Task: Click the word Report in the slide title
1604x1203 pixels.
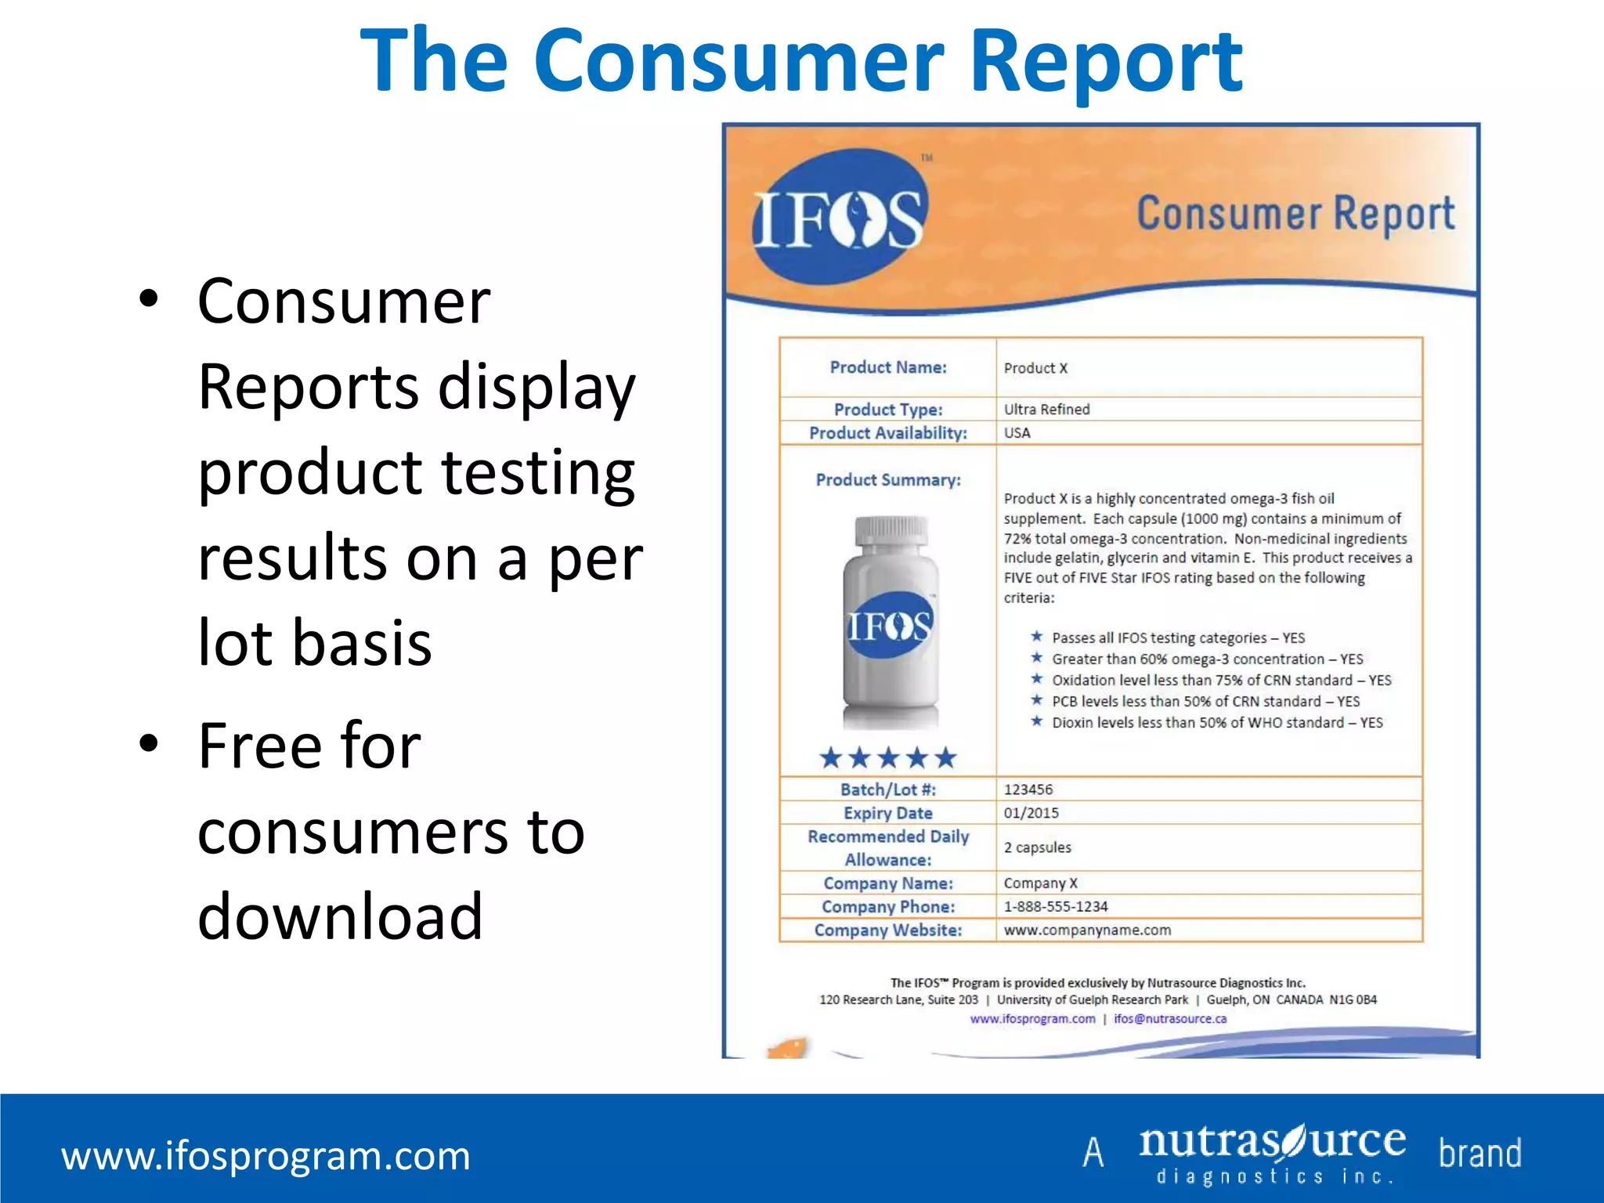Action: click(x=1105, y=61)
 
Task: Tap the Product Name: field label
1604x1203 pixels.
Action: click(x=888, y=367)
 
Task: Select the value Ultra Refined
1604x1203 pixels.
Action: click(x=1046, y=409)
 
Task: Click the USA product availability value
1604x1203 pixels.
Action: click(x=1017, y=432)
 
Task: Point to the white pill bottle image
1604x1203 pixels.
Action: click(x=891, y=627)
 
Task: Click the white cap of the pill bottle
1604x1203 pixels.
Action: click(x=891, y=532)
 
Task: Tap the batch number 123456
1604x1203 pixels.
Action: click(x=1028, y=789)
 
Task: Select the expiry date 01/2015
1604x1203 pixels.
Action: click(x=1031, y=813)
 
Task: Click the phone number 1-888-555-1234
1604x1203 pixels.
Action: click(x=1056, y=906)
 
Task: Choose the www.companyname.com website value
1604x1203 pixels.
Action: click(x=1087, y=930)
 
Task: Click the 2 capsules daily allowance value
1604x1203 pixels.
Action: click(x=1037, y=847)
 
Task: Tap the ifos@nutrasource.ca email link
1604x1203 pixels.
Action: click(x=1170, y=1019)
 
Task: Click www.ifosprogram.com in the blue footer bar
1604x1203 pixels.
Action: click(x=266, y=1156)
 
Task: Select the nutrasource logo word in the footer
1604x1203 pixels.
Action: click(x=1272, y=1143)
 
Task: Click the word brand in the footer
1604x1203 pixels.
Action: click(x=1479, y=1154)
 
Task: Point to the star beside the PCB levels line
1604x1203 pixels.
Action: click(x=1037, y=700)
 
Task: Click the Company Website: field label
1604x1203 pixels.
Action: click(x=888, y=930)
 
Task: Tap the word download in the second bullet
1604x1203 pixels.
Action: click(x=340, y=916)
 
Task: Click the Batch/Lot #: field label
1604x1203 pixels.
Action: click(x=888, y=789)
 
